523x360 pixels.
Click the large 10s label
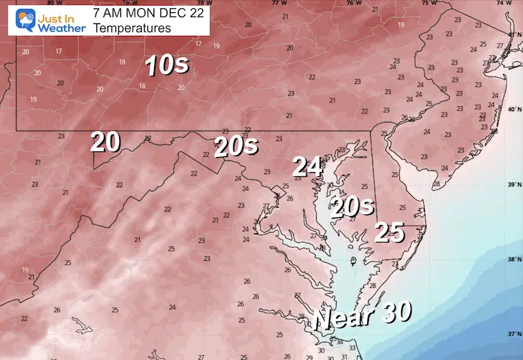click(166, 65)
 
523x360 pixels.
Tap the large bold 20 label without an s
click(106, 142)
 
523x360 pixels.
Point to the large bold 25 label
click(389, 233)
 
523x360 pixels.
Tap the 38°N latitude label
click(513, 260)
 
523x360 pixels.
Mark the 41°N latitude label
click(513, 34)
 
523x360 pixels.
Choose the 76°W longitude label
click(352, 3)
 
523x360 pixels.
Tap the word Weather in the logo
click(61, 28)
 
